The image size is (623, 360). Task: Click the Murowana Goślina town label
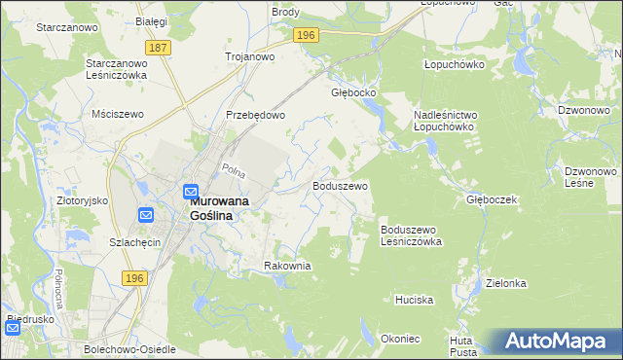pyautogui.click(x=211, y=207)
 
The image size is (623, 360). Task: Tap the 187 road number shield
pyautogui.click(x=158, y=47)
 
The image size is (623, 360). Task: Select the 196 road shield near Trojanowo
pyautogui.click(x=306, y=35)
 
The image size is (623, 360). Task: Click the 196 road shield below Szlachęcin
pyautogui.click(x=134, y=278)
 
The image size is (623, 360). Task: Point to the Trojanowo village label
pyautogui.click(x=249, y=56)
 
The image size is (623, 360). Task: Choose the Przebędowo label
pyautogui.click(x=255, y=114)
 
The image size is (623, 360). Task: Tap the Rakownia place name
pyautogui.click(x=287, y=266)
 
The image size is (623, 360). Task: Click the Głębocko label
pyautogui.click(x=353, y=94)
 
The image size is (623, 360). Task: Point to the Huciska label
pyautogui.click(x=414, y=300)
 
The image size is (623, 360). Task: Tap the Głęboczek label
pyautogui.click(x=490, y=198)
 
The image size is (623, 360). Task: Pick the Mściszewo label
pyautogui.click(x=117, y=114)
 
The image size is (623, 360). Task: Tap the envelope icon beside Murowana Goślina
pyautogui.click(x=191, y=192)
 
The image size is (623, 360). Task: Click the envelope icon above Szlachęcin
pyautogui.click(x=145, y=215)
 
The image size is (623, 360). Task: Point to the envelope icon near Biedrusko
pyautogui.click(x=12, y=328)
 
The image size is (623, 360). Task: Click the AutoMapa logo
pyautogui.click(x=556, y=342)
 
